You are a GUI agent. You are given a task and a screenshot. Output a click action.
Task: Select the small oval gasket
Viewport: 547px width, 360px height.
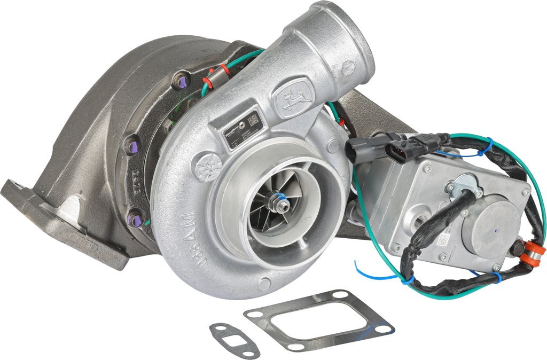(233, 340)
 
